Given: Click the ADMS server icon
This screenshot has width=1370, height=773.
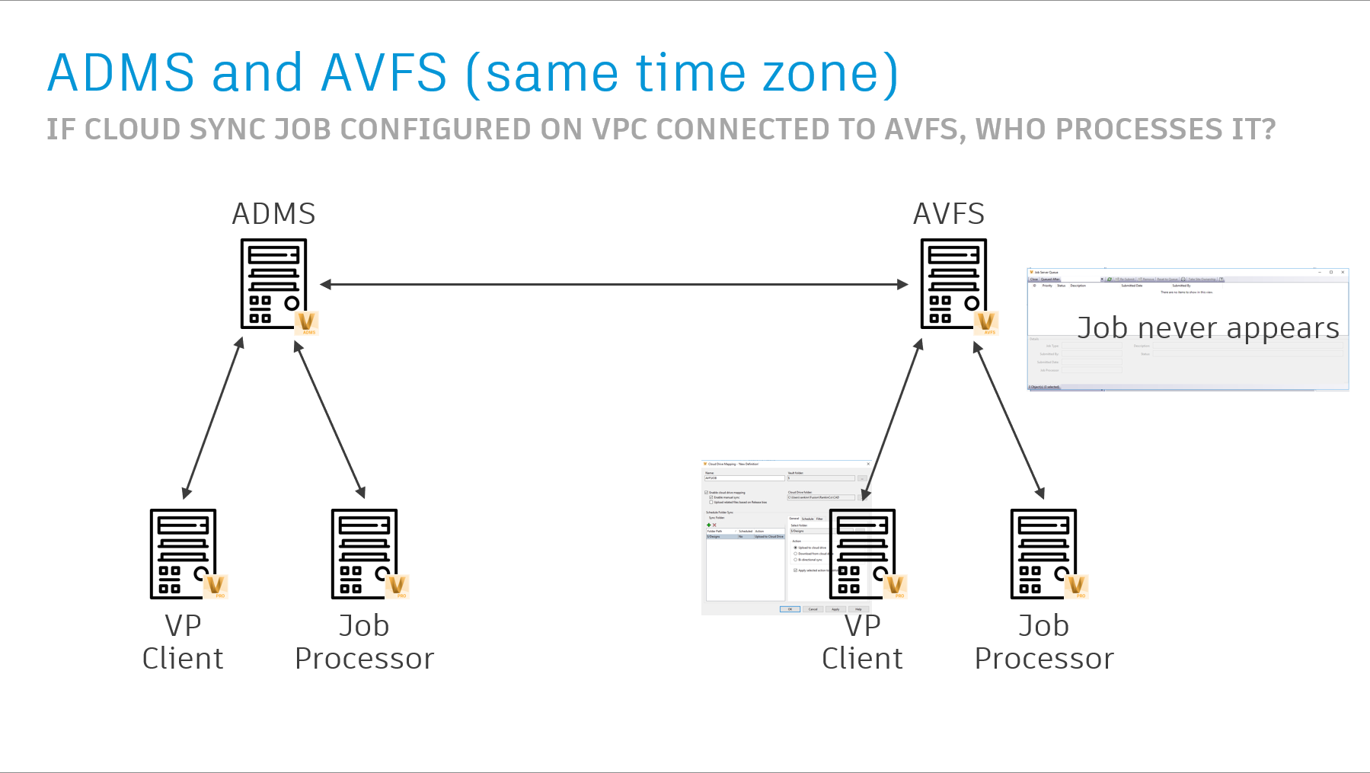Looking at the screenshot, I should (273, 283).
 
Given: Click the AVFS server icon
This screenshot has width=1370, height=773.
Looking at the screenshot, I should (953, 283).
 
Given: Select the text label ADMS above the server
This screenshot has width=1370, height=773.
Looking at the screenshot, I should (273, 214).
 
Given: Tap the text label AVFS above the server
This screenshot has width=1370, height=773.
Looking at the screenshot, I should (949, 214).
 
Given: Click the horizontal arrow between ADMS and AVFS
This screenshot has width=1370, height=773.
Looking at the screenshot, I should (614, 284).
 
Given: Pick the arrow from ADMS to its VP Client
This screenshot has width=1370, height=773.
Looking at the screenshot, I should (213, 418).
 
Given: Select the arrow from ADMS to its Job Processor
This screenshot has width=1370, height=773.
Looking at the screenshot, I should (330, 420).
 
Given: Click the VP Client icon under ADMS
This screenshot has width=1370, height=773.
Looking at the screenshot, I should (183, 554).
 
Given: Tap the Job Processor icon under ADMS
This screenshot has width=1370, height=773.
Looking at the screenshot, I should (364, 554).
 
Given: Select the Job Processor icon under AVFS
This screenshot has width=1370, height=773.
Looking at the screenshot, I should (1043, 554).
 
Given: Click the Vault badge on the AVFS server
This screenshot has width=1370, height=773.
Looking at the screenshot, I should (986, 323).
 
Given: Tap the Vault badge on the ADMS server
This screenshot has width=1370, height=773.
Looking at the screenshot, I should (307, 323).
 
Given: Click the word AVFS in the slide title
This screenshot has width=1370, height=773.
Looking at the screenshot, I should (384, 73).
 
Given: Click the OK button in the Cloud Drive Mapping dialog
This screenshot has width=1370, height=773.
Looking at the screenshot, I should (790, 609).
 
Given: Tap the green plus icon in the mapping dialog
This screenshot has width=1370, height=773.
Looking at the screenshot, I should (709, 525).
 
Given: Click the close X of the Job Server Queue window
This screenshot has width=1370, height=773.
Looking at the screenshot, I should (1343, 272).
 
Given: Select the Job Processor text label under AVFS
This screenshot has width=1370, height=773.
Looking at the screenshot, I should (1044, 642).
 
